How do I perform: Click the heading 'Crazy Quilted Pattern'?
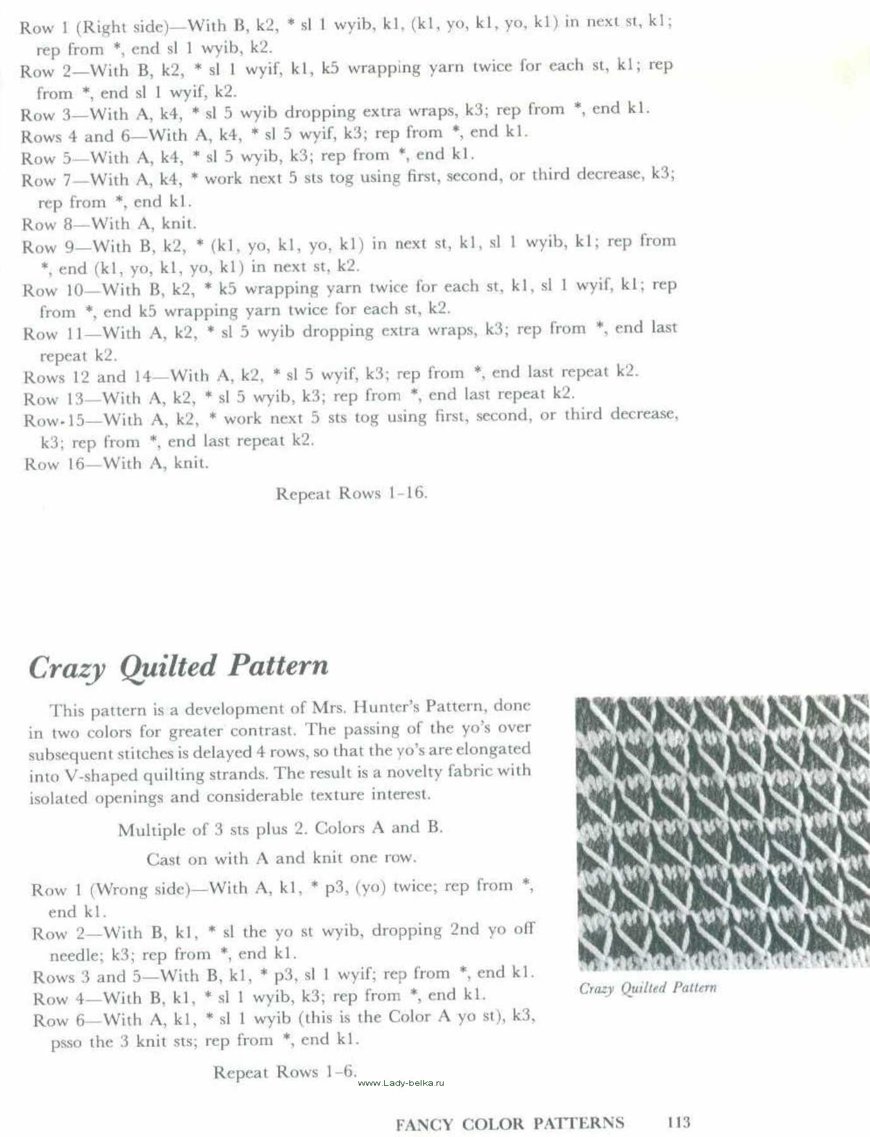click(179, 666)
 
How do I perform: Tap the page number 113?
click(679, 1122)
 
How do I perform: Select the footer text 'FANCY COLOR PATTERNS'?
click(509, 1123)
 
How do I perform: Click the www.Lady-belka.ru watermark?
click(401, 1083)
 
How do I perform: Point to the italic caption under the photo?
click(648, 988)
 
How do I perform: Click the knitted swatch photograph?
click(723, 831)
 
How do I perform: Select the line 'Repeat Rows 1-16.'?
click(351, 493)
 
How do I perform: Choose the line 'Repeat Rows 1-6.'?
click(285, 1072)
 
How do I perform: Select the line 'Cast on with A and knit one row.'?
click(281, 858)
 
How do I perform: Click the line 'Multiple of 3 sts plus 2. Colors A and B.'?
click(280, 828)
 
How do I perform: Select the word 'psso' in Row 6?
click(66, 1042)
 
